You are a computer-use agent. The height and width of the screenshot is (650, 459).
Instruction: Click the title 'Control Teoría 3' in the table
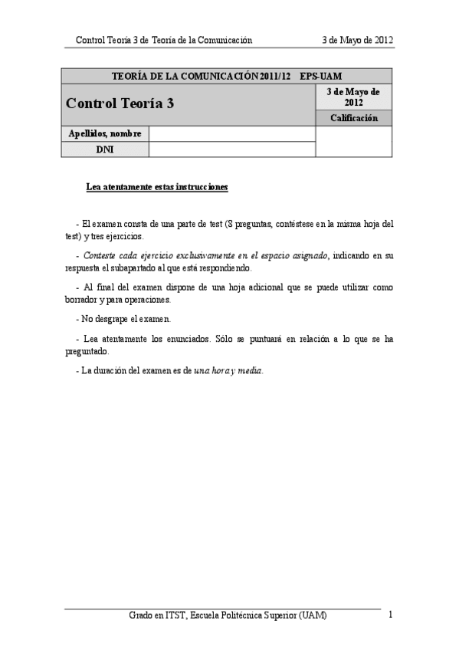click(x=120, y=103)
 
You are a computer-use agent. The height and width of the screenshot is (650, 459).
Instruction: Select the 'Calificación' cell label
click(x=353, y=118)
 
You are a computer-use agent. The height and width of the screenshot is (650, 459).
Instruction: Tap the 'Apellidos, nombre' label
click(x=105, y=134)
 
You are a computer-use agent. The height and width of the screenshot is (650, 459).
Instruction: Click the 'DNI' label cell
click(x=105, y=149)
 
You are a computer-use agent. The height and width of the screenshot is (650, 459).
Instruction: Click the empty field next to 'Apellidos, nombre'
click(x=232, y=134)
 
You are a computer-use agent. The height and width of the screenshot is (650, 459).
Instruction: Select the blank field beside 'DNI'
click(x=232, y=149)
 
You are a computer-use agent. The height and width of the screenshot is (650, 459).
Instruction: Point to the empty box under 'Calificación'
click(x=353, y=142)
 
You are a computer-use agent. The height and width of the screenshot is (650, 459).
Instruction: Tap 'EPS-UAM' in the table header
click(x=320, y=76)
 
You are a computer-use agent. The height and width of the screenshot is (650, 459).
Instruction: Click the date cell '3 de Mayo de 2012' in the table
click(x=353, y=97)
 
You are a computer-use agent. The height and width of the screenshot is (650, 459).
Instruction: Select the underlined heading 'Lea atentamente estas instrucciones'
click(x=156, y=187)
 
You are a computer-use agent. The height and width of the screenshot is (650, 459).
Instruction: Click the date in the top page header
click(x=359, y=40)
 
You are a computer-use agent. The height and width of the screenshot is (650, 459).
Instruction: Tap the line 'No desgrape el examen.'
click(x=123, y=318)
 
